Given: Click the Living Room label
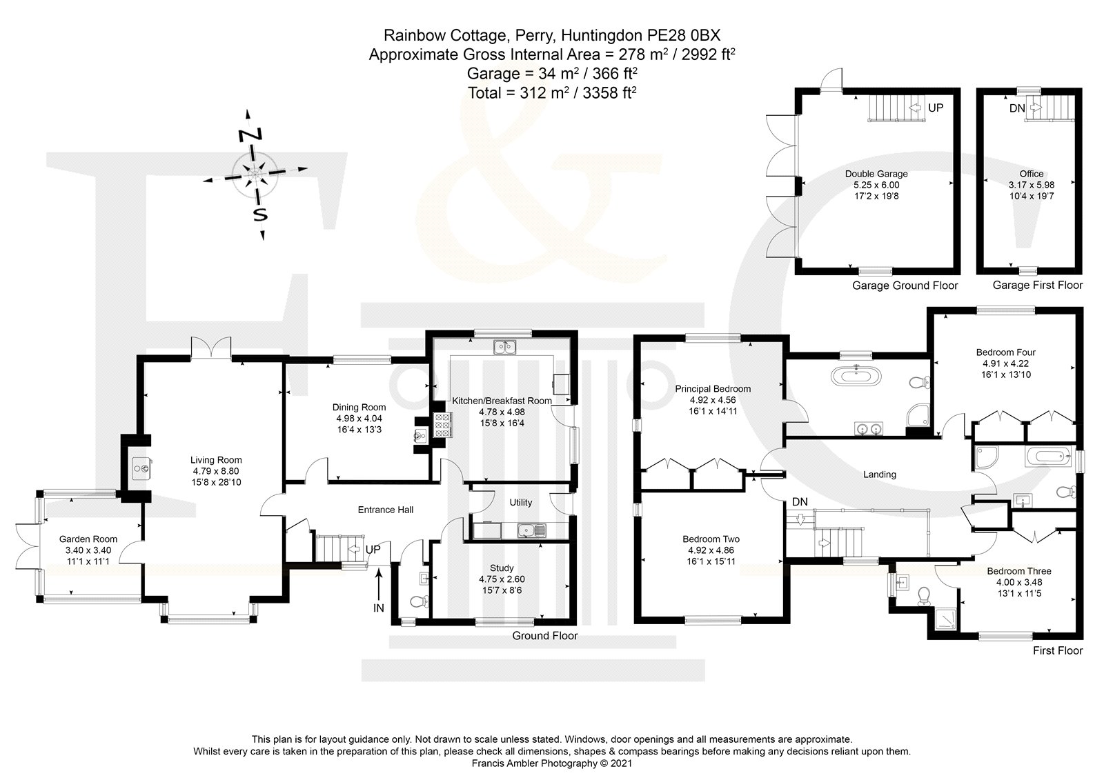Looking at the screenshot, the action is point(216,460).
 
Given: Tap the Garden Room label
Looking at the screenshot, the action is point(88,539).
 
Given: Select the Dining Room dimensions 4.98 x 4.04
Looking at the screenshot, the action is point(358,419).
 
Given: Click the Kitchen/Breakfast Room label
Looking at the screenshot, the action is point(501,401).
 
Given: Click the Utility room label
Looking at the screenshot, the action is point(520,503).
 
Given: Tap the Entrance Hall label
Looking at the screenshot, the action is point(386,510).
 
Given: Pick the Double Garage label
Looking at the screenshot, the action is point(876,174).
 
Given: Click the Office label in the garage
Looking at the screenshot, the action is point(1032,174).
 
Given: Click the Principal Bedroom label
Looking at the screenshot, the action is point(713,388).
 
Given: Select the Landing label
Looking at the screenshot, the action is point(879,474).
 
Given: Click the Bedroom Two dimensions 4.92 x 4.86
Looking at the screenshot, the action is point(711,550).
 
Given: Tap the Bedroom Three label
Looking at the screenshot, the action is point(1018,571).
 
